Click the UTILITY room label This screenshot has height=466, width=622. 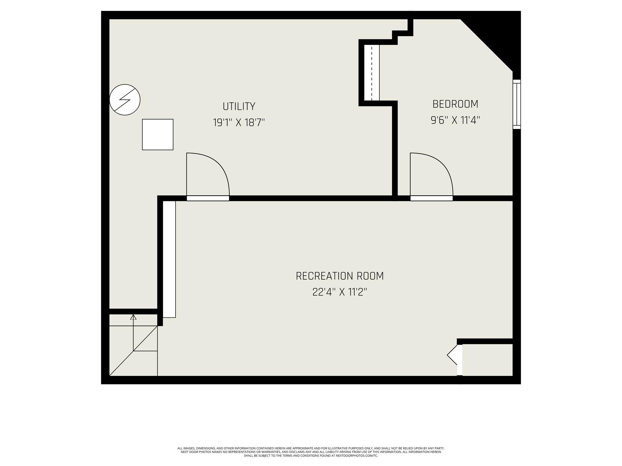(239, 106)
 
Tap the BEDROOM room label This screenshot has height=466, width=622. (455, 104)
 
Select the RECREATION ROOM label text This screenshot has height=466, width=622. (340, 276)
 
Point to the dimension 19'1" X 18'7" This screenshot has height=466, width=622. (239, 123)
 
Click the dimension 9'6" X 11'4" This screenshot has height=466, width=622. (455, 120)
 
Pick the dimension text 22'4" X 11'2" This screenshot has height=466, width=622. (340, 292)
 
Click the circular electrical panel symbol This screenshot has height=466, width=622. (125, 100)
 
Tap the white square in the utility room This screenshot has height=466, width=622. (158, 134)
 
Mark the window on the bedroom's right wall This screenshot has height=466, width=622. (517, 104)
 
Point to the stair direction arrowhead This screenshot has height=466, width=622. (133, 317)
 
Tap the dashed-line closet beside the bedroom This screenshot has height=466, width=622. (372, 73)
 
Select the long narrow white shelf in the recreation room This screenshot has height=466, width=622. (169, 259)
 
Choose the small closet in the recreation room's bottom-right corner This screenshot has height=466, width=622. (487, 360)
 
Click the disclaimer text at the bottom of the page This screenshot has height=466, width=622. (311, 452)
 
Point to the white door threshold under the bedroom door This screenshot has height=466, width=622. (432, 198)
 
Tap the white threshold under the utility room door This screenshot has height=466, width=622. (208, 198)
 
